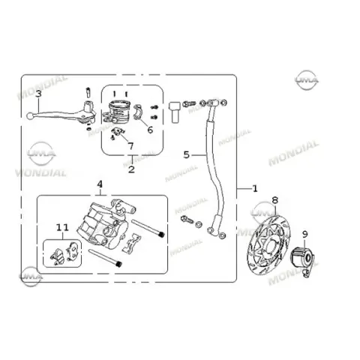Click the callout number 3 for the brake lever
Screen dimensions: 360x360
38,94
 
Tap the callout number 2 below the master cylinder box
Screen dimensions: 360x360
131,169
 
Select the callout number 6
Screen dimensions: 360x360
150,130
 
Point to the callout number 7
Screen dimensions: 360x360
130,146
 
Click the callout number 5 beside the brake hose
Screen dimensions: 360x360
187,155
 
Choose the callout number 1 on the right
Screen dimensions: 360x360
255,188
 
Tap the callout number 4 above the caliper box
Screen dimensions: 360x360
100,184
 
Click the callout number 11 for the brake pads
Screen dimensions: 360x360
62,227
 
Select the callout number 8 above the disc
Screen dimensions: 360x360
274,200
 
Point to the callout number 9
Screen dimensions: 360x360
305,235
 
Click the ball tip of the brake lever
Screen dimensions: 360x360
30,116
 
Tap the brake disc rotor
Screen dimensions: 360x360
268,245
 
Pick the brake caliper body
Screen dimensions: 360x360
106,223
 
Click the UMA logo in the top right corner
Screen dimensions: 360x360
307,80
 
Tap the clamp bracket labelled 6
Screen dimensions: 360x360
138,112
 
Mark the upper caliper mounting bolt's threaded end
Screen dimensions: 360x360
162,235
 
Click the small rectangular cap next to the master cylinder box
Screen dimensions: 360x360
175,112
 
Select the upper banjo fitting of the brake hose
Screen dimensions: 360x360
213,103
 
